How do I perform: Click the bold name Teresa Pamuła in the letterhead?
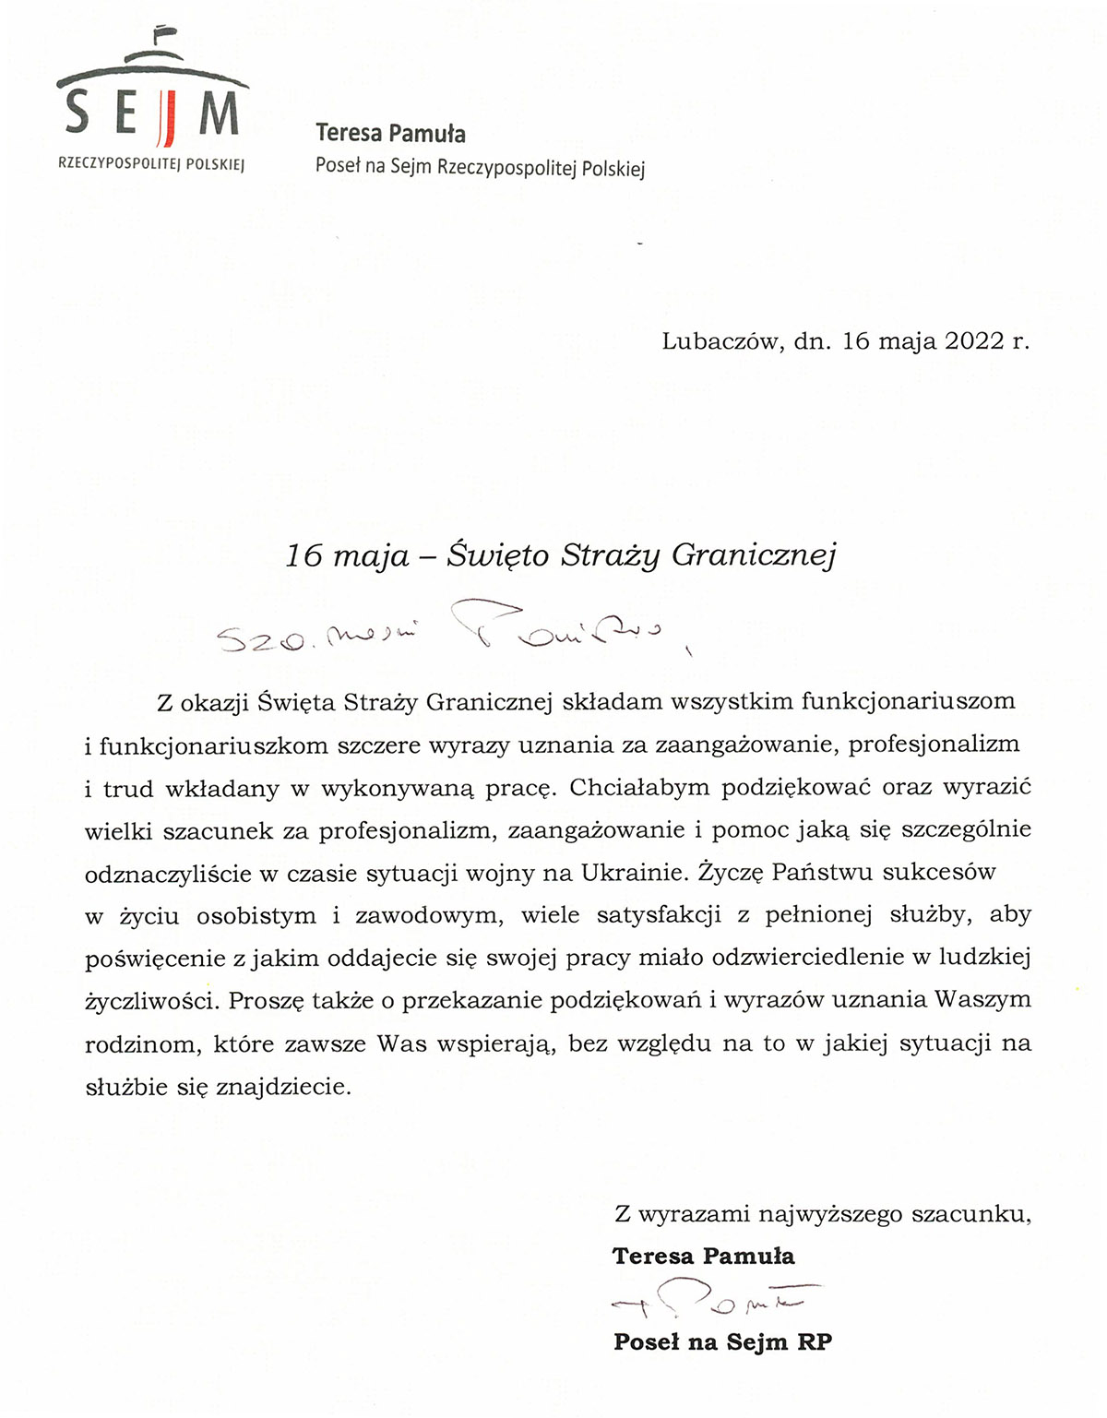390,134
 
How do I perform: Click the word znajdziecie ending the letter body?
282,1087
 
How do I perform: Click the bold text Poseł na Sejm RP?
722,1342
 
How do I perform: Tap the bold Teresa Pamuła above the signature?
703,1257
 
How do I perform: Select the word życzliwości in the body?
151,1001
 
